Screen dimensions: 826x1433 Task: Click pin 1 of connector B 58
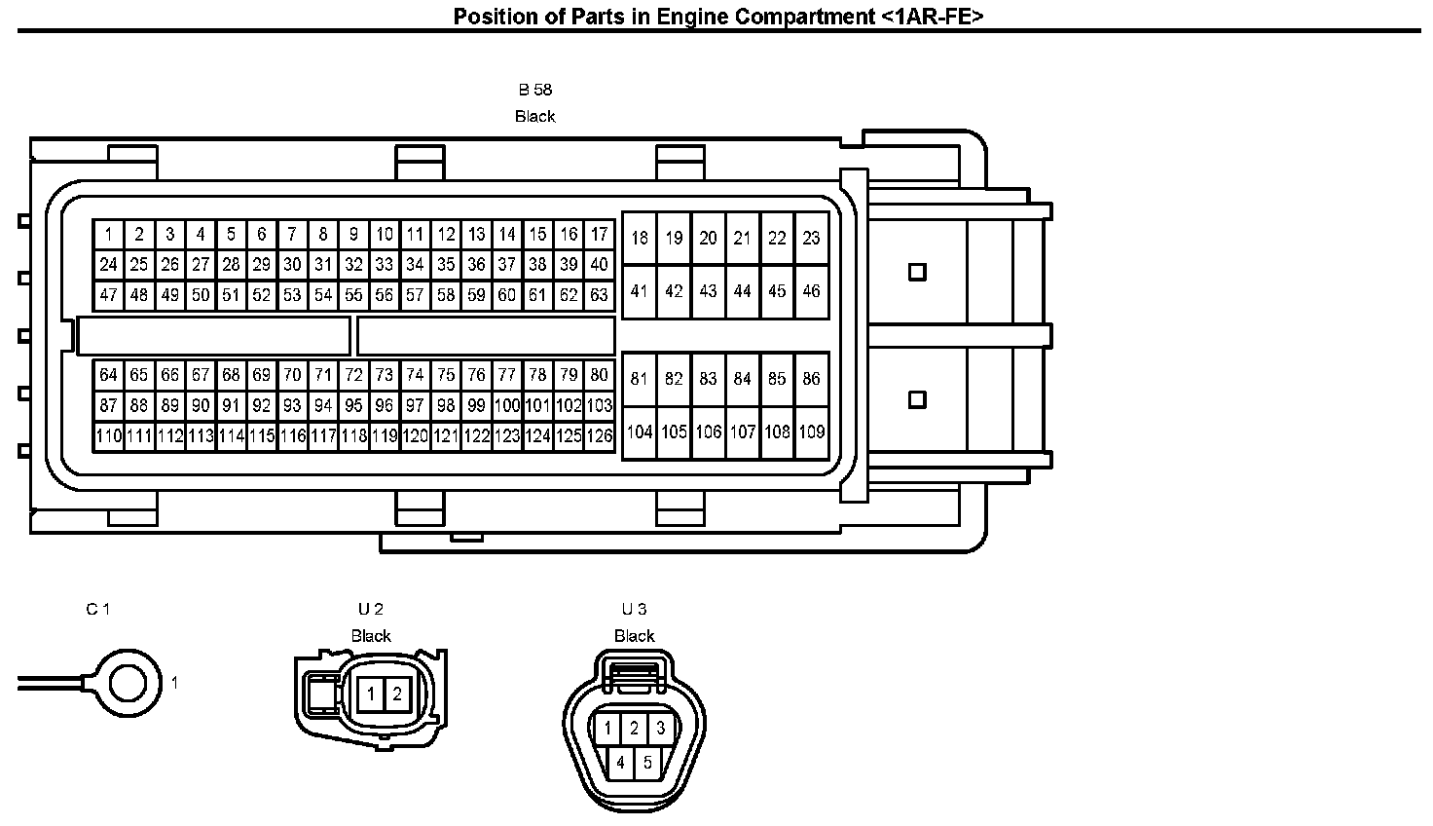click(x=109, y=235)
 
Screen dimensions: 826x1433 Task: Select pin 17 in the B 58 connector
click(x=600, y=235)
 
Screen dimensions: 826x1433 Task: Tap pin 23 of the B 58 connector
click(x=811, y=238)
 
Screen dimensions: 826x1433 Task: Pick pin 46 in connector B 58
click(x=811, y=291)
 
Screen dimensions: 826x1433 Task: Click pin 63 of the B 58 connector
click(x=600, y=294)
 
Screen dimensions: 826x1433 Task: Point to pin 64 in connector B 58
click(x=109, y=375)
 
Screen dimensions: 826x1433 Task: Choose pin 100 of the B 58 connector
click(x=507, y=405)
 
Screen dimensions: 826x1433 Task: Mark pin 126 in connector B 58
click(x=600, y=436)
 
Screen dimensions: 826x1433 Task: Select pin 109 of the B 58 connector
click(x=811, y=432)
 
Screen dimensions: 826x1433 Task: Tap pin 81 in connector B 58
click(x=639, y=379)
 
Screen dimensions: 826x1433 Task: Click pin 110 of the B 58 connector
click(x=109, y=436)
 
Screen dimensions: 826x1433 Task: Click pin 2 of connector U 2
click(x=397, y=695)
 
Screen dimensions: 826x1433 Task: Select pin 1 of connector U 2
click(x=371, y=695)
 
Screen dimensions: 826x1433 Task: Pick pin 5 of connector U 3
click(x=647, y=763)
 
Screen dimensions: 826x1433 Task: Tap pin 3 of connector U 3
click(x=660, y=728)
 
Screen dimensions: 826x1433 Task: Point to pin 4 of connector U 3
click(x=621, y=763)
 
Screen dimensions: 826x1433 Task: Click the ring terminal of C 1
click(x=125, y=683)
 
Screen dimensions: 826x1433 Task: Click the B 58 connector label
click(x=534, y=90)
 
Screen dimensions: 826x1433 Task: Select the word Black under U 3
click(x=634, y=636)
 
